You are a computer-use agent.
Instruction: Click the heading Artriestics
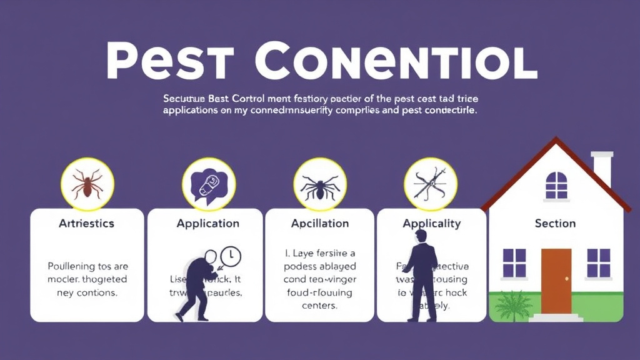[86, 223]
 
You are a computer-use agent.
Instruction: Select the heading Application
[207, 223]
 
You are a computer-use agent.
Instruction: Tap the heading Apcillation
[320, 223]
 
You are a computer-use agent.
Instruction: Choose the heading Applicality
[431, 223]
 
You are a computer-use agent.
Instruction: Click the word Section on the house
[555, 223]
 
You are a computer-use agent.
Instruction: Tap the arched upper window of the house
[556, 186]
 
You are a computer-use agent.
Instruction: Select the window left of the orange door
[514, 263]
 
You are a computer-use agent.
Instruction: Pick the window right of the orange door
[598, 263]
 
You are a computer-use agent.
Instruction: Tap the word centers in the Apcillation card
[320, 306]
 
